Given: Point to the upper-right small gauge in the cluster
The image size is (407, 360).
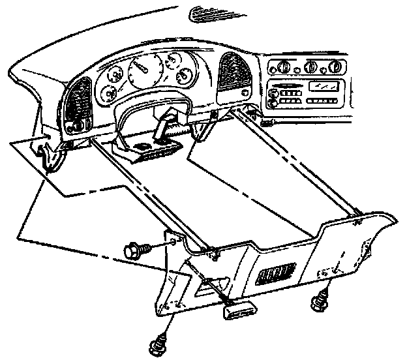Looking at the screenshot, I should point(172,63).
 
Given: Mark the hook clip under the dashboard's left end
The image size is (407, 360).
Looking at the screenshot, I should point(44,157).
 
